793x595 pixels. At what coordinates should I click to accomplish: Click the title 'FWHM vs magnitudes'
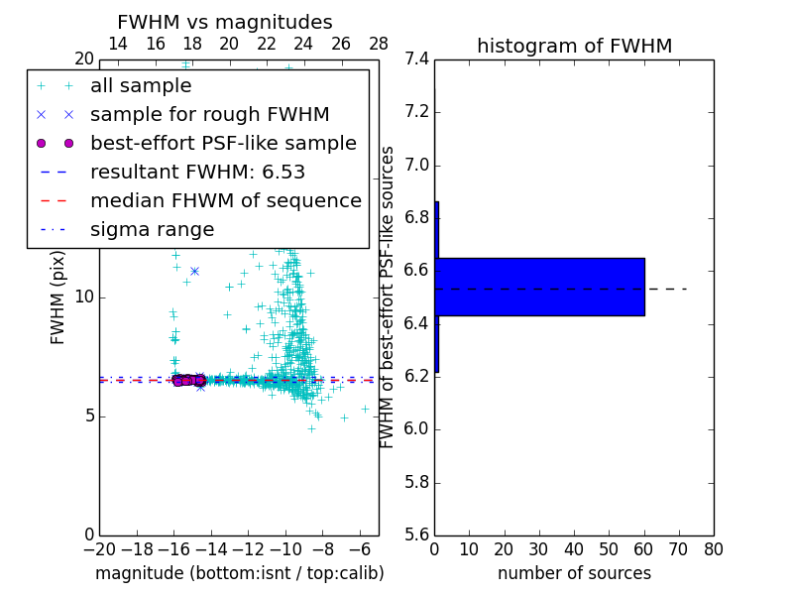click(225, 22)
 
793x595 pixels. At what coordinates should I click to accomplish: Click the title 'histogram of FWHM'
click(574, 46)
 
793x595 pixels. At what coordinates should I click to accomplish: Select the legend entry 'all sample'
click(141, 86)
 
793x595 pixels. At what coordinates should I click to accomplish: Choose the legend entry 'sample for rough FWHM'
click(209, 114)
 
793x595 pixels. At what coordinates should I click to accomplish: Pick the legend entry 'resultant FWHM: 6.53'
click(197, 172)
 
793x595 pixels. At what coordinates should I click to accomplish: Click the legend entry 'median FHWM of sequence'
click(225, 200)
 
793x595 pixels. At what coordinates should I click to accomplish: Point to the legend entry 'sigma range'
click(152, 229)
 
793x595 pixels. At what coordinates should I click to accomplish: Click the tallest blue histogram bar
click(540, 287)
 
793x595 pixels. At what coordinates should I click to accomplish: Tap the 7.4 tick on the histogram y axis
click(416, 59)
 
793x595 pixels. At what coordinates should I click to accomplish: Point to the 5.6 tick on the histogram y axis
click(416, 535)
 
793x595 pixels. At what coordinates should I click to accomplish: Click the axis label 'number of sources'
click(574, 573)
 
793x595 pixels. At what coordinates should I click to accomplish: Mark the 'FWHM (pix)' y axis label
click(58, 297)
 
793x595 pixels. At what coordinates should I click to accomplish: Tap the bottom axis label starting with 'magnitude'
click(239, 573)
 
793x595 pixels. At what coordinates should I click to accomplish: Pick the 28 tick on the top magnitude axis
click(379, 44)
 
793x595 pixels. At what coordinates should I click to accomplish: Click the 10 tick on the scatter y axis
click(84, 297)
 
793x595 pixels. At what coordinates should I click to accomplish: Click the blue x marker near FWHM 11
click(194, 271)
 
